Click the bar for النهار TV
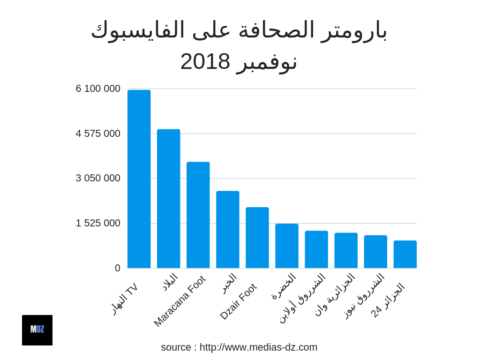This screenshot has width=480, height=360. [x=139, y=179]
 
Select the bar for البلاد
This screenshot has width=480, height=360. [x=168, y=199]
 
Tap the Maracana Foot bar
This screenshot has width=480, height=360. [x=198, y=215]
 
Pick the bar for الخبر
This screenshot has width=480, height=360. [x=227, y=230]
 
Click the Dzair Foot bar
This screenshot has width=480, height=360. [x=257, y=238]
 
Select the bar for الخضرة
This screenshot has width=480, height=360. [x=286, y=246]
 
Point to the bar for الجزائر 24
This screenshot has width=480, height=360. [x=405, y=255]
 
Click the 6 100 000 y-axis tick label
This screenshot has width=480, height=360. [x=98, y=89]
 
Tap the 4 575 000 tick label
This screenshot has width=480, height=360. [x=98, y=134]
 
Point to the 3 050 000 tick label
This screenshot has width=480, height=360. [x=98, y=178]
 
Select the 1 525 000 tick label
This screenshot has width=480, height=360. [x=98, y=223]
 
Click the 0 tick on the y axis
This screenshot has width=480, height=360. [x=118, y=268]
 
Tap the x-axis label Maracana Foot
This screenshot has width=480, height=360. [x=180, y=301]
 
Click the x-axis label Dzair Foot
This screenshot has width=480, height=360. [x=238, y=301]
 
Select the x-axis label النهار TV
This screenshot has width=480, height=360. [x=125, y=298]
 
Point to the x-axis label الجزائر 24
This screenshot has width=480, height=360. [x=388, y=300]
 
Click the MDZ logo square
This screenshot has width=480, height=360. [x=37, y=330]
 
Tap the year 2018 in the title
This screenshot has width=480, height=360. [x=205, y=61]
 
